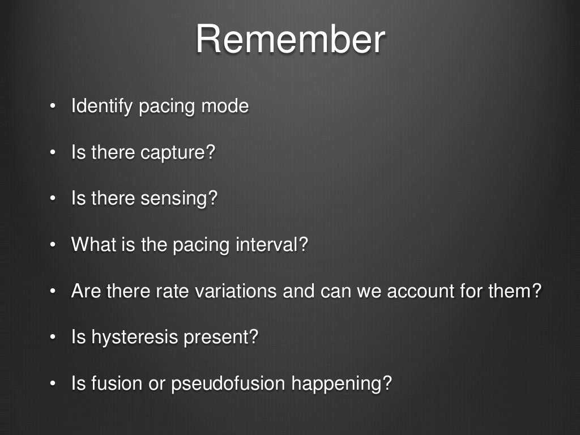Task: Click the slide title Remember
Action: pyautogui.click(x=290, y=39)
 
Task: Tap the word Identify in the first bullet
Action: pyautogui.click(x=103, y=106)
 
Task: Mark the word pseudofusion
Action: pyautogui.click(x=227, y=384)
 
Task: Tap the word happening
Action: pyautogui.click(x=342, y=384)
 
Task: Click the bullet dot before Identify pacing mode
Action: pyautogui.click(x=52, y=106)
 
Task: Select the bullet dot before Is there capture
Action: pyautogui.click(x=52, y=153)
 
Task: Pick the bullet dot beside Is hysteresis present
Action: pyautogui.click(x=52, y=338)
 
